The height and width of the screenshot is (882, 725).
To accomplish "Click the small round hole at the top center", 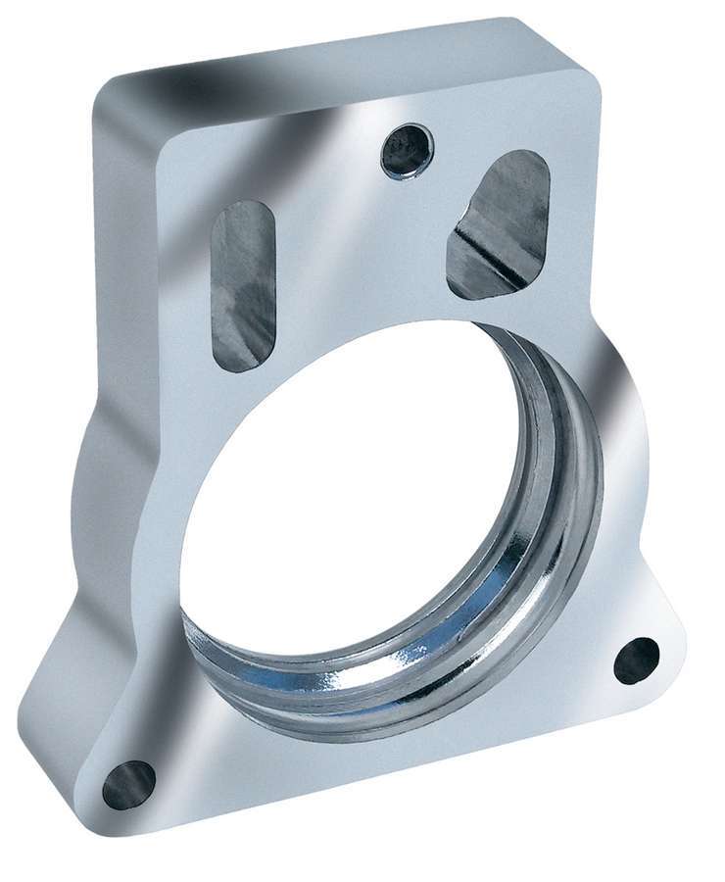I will [407, 151].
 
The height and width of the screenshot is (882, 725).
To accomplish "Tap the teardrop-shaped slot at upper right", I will [500, 224].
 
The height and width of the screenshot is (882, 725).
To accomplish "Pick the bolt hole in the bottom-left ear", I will [129, 784].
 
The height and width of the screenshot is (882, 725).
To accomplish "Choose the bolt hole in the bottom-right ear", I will [637, 661].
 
